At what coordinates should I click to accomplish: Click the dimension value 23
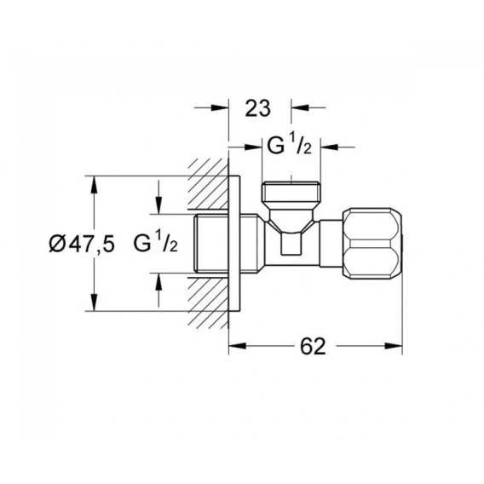point(257,108)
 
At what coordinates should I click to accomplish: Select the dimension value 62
point(313,346)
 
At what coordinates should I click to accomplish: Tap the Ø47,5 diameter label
point(82,244)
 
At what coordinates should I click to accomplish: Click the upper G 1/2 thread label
point(289,146)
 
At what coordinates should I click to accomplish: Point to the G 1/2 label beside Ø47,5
point(156,244)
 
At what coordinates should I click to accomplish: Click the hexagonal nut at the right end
point(372,244)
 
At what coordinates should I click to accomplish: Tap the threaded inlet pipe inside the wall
point(211,244)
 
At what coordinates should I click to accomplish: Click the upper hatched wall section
point(209,184)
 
